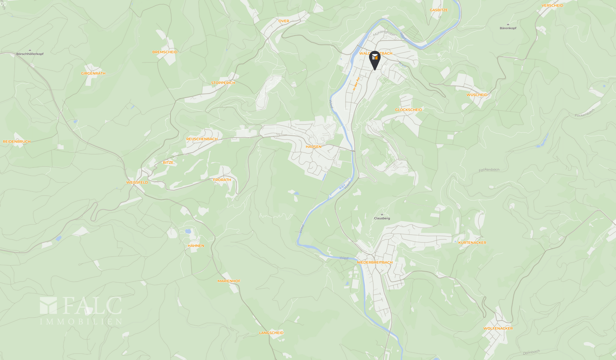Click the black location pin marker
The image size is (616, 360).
click(x=374, y=60)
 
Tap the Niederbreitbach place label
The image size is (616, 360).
click(x=374, y=262)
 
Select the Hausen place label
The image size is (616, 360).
click(x=313, y=147)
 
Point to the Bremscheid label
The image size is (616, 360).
click(x=165, y=52)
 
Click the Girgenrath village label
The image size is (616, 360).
click(x=93, y=73)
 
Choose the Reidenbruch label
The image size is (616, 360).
click(x=17, y=141)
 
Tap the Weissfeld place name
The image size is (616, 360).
click(x=137, y=183)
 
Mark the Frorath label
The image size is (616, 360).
click(x=222, y=180)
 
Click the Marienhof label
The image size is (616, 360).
click(x=229, y=281)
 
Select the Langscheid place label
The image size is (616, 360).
click(x=271, y=333)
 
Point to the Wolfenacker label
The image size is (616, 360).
click(x=498, y=329)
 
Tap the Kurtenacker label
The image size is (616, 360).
click(x=472, y=243)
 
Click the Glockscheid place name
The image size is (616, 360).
click(x=408, y=110)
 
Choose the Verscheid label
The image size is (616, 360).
click(x=552, y=5)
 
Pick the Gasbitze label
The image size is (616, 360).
click(x=439, y=10)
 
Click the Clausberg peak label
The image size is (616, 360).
click(x=382, y=218)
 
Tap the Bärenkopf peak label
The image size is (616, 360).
click(x=508, y=28)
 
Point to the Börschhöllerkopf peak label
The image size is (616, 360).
click(x=30, y=54)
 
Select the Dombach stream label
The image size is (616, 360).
click(x=531, y=352)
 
